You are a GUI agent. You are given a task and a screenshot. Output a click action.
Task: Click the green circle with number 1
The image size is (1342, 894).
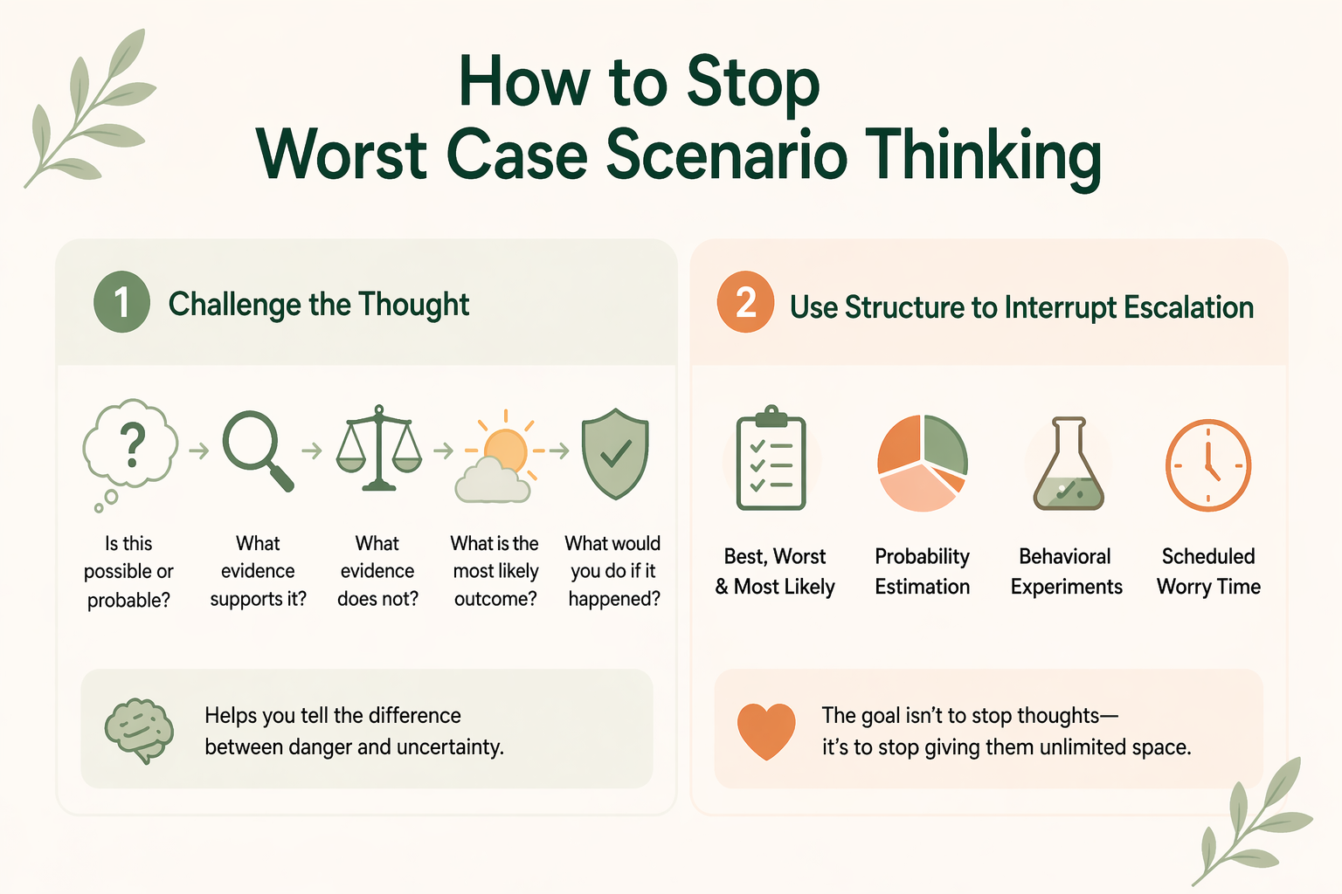(x=121, y=302)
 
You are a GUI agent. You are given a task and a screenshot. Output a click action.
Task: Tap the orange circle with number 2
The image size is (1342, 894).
(x=745, y=302)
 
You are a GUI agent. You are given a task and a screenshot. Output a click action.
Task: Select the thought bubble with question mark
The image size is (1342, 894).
(x=130, y=445)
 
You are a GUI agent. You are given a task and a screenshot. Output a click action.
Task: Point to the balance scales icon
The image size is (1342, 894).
(x=378, y=447)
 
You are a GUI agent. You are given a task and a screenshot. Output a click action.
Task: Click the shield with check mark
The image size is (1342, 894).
(x=615, y=452)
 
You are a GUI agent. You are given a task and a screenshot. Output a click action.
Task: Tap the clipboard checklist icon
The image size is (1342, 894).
(x=771, y=459)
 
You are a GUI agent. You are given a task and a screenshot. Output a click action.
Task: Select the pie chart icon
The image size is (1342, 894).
(x=922, y=463)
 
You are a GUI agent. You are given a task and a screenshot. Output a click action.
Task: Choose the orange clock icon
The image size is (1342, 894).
(x=1208, y=464)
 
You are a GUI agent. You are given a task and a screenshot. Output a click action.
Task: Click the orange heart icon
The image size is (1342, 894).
(x=766, y=730)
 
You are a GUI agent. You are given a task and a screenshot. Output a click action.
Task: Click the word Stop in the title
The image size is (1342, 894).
(x=752, y=82)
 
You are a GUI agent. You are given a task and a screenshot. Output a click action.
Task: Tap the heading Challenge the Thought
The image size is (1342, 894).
(x=318, y=304)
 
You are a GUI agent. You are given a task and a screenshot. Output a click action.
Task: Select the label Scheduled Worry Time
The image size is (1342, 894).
(x=1208, y=571)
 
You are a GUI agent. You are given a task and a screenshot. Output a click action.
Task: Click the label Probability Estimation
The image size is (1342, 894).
(x=923, y=571)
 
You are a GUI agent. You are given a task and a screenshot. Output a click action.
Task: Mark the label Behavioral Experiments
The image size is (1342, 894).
(x=1066, y=571)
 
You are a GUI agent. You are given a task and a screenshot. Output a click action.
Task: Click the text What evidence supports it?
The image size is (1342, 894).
(x=258, y=571)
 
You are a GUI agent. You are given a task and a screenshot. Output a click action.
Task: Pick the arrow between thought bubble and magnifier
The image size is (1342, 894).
(x=199, y=450)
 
